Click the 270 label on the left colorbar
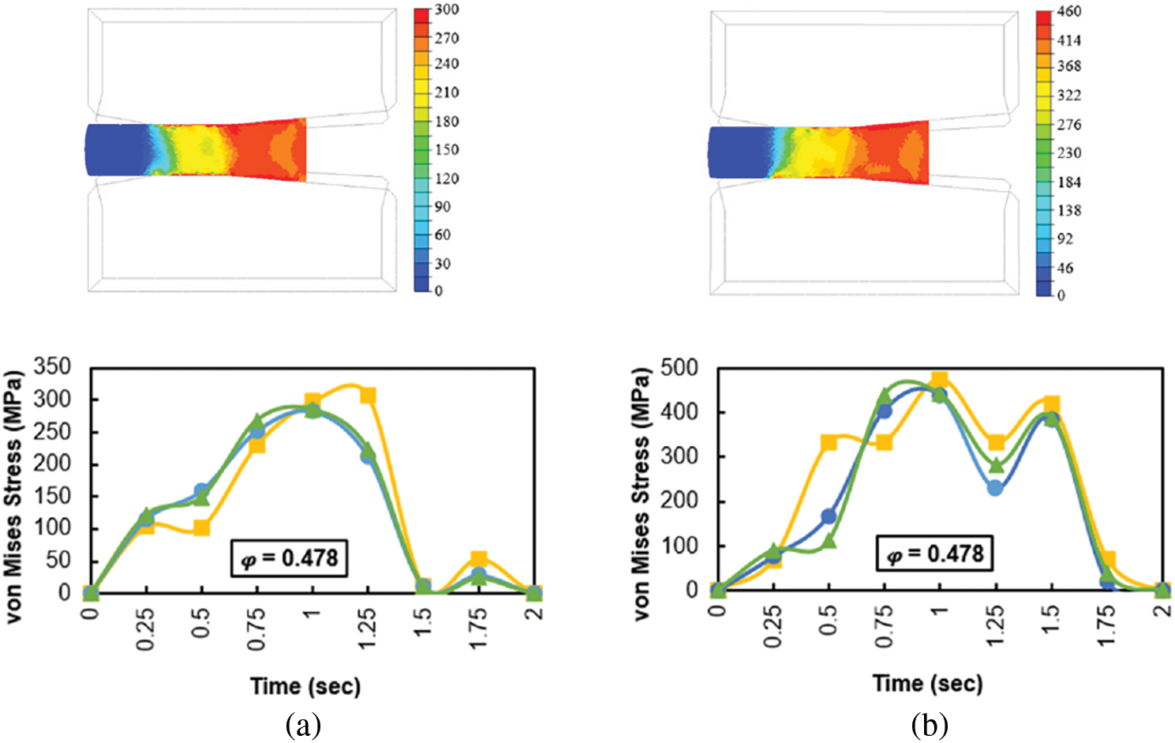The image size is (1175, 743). pyautogui.click(x=446, y=38)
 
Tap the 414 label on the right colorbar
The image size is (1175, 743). pyautogui.click(x=1069, y=40)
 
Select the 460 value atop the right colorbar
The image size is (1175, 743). pyautogui.click(x=1069, y=11)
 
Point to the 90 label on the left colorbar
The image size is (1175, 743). pyautogui.click(x=442, y=207)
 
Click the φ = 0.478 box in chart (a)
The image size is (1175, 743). pyautogui.click(x=290, y=557)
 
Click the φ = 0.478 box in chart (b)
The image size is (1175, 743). pyautogui.click(x=934, y=553)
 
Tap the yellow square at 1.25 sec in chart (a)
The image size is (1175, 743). pyautogui.click(x=367, y=396)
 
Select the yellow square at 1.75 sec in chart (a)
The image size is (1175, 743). pyautogui.click(x=478, y=560)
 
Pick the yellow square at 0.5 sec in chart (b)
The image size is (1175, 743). pyautogui.click(x=829, y=442)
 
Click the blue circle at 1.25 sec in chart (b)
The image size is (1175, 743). pyautogui.click(x=995, y=488)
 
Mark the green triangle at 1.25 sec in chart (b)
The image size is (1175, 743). pyautogui.click(x=995, y=465)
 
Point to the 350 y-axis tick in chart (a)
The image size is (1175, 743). pyautogui.click(x=52, y=366)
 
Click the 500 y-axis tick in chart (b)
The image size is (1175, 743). pyautogui.click(x=679, y=368)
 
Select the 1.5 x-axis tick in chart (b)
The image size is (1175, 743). pyautogui.click(x=1051, y=621)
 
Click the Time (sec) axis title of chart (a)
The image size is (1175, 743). pyautogui.click(x=305, y=686)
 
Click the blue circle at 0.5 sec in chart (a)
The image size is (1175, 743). pyautogui.click(x=202, y=492)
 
